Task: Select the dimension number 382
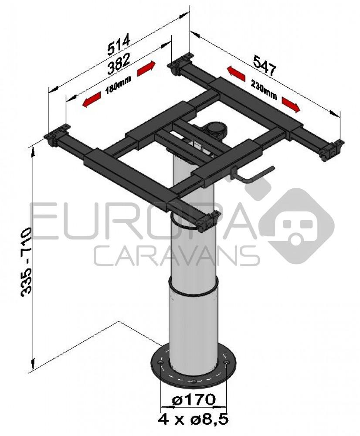click(119, 64)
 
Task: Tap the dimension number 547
click(265, 66)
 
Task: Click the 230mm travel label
click(264, 89)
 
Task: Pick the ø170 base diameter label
click(194, 400)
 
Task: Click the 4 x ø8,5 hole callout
click(194, 419)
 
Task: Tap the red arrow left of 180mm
click(92, 100)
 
